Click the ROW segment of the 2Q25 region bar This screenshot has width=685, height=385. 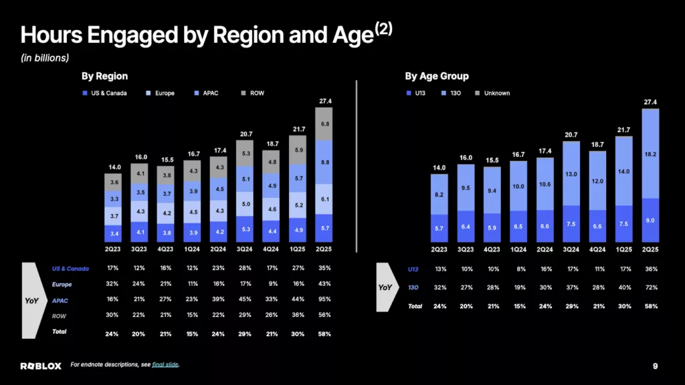[x=324, y=124]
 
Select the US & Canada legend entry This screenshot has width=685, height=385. [x=105, y=93]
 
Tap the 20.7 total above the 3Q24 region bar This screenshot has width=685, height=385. [x=246, y=134]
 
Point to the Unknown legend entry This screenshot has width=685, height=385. [x=492, y=93]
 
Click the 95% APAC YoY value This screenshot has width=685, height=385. [x=324, y=299]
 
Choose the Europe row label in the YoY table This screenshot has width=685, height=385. [x=62, y=284]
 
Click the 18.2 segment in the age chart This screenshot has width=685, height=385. [x=650, y=154]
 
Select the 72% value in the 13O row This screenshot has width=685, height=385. [x=651, y=287]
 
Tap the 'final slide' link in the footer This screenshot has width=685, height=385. [x=165, y=364]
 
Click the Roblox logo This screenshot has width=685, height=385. [x=41, y=366]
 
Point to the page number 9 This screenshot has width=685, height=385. [x=655, y=366]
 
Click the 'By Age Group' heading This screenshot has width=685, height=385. [x=436, y=76]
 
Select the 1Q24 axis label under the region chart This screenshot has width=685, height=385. [x=192, y=249]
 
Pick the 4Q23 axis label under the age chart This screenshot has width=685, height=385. [x=492, y=249]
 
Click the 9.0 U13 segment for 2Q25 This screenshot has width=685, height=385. [x=650, y=221]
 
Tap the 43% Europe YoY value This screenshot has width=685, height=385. [x=324, y=283]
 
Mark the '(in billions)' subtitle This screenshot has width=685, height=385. [x=45, y=57]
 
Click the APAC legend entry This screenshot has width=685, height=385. [x=206, y=93]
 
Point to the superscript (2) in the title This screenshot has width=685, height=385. [x=383, y=29]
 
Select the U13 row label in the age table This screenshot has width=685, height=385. [x=413, y=269]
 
